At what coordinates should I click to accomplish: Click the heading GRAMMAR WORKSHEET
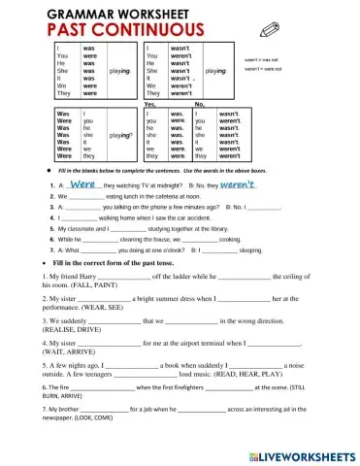click(110, 15)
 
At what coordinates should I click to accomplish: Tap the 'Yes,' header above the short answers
click(150, 104)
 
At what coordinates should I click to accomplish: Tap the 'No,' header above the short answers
click(200, 104)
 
